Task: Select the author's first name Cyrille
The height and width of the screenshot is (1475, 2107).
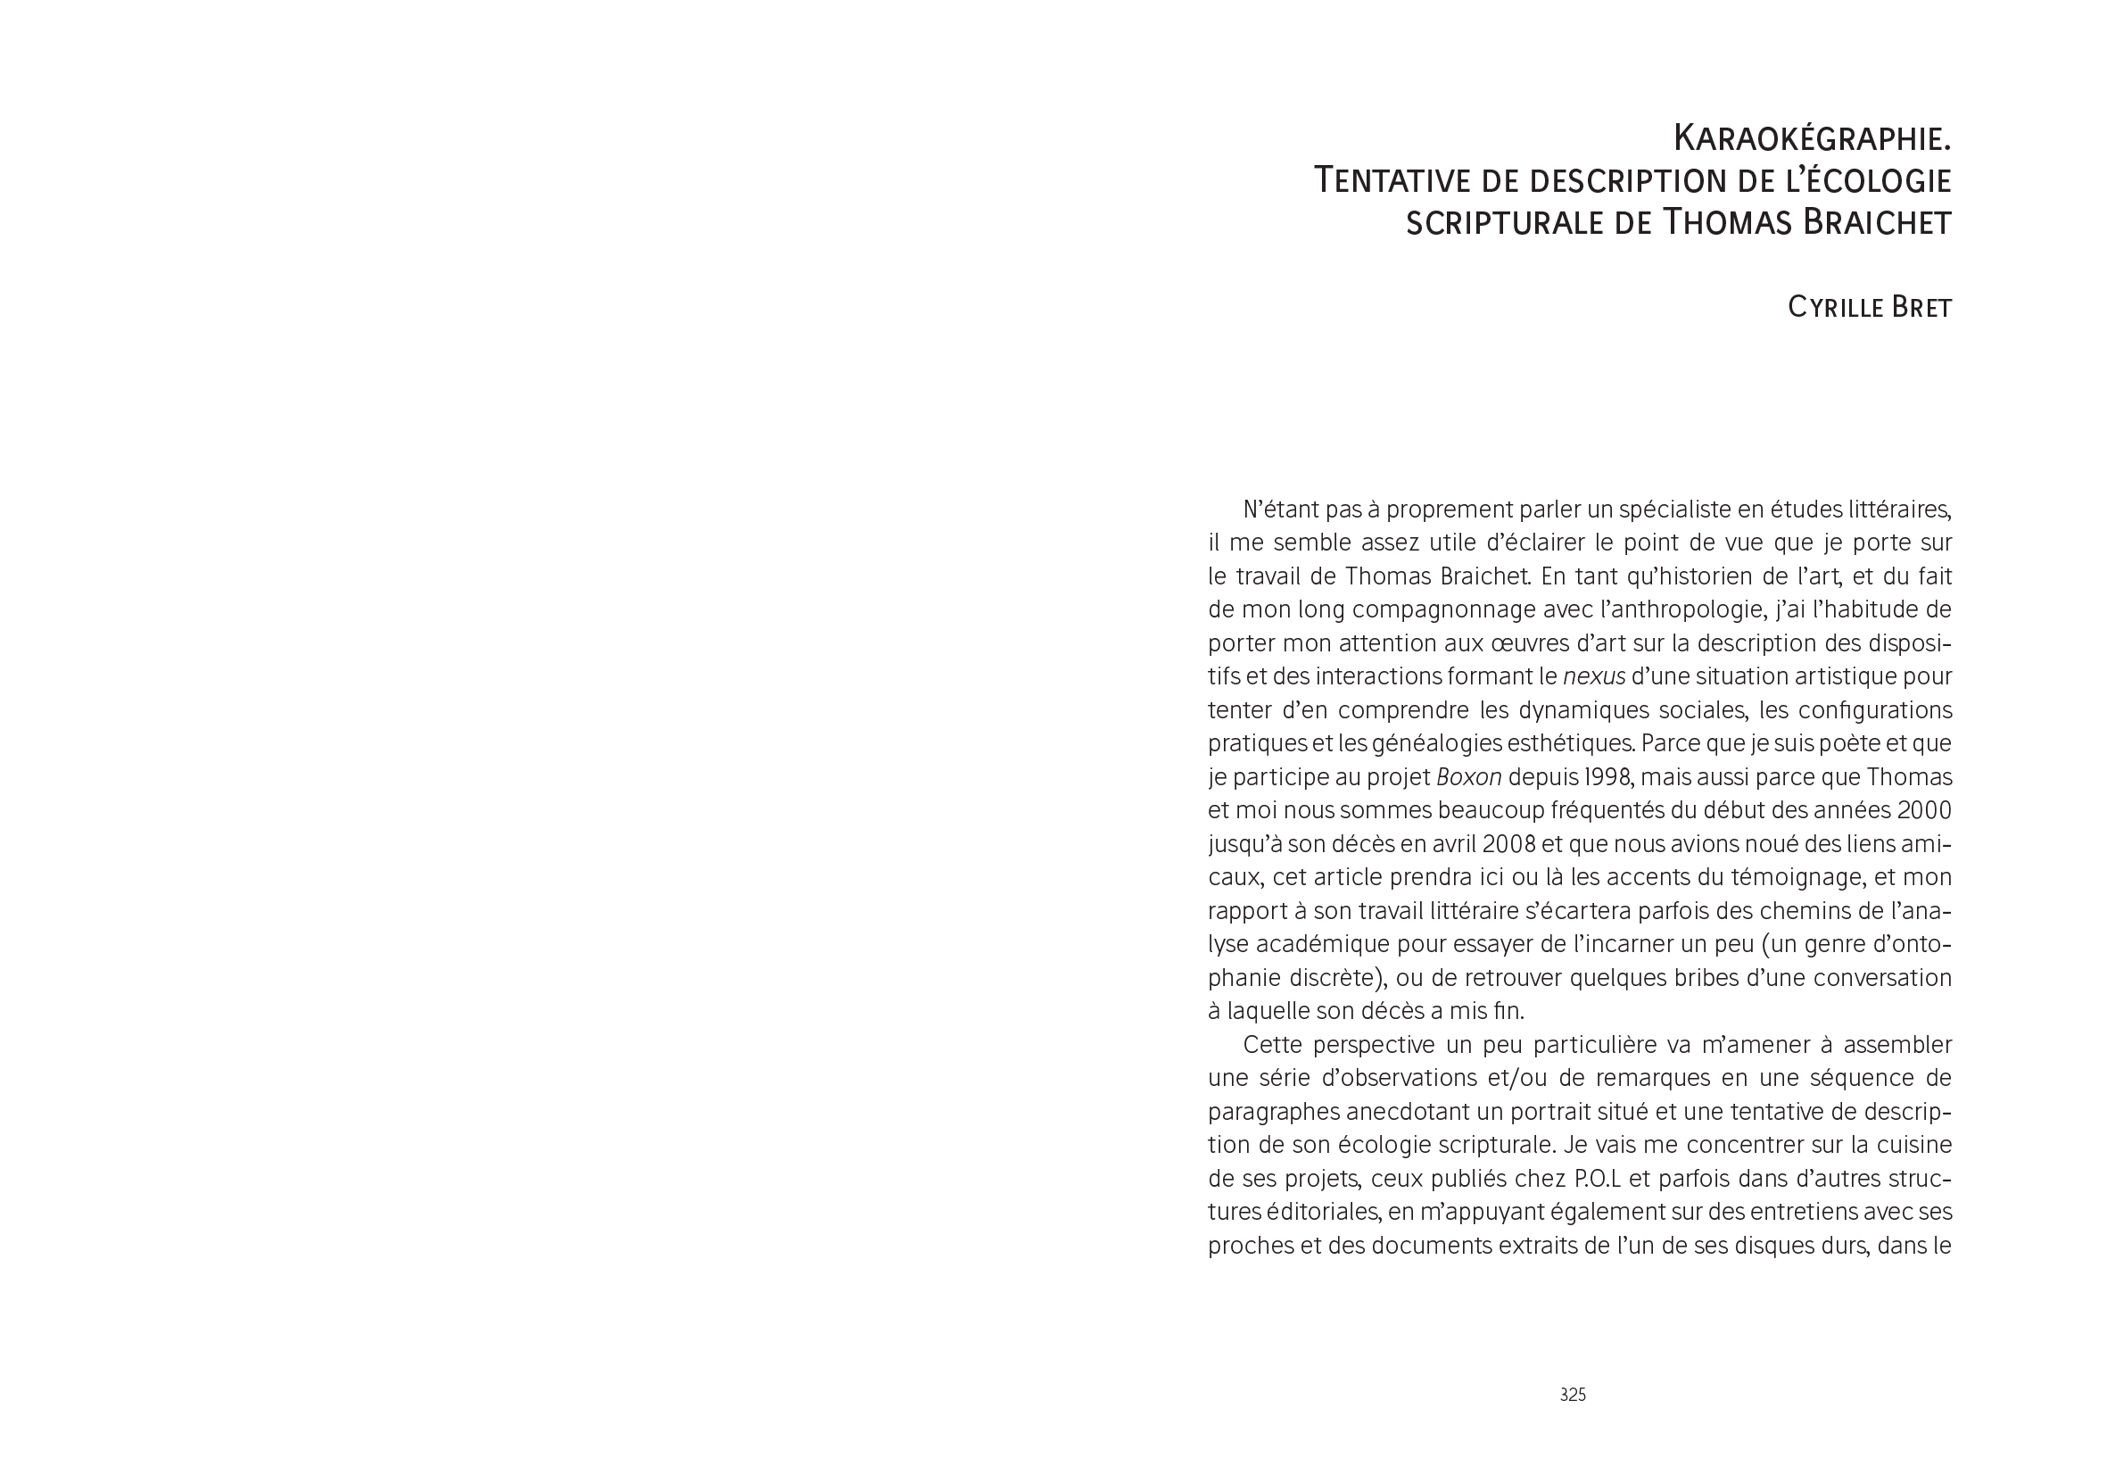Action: [1832, 308]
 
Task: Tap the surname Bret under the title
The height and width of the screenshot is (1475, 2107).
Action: [1919, 308]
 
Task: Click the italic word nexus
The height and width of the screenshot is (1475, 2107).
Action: [1594, 676]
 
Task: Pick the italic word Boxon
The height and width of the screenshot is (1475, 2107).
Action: [1468, 777]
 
